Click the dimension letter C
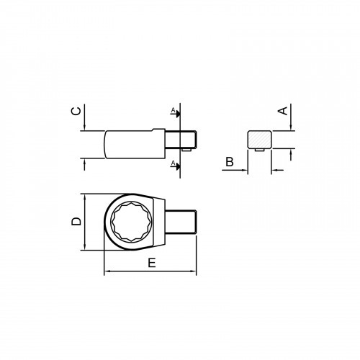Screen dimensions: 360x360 [75, 111]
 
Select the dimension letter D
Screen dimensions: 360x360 [75, 222]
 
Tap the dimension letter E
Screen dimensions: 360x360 [151, 264]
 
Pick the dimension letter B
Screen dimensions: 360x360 [229, 162]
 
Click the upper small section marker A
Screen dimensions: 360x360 [173, 110]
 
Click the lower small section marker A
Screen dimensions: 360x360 [173, 164]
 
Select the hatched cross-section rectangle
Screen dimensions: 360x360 [260, 139]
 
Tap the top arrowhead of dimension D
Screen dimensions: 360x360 [85, 197]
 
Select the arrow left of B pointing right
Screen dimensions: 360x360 [245, 171]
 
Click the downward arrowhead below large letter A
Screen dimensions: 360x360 [292, 127]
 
